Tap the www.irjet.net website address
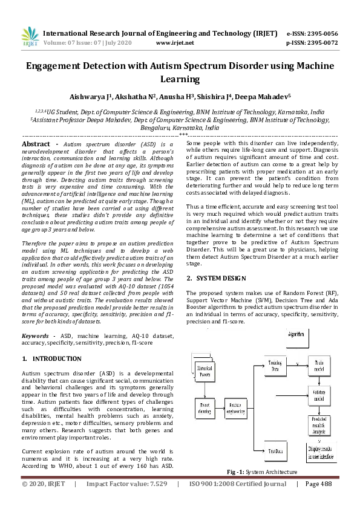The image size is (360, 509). click(175, 44)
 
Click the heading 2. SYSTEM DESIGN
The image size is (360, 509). click(215, 278)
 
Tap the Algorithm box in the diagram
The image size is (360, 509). click(296, 334)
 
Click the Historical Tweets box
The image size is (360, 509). click(205, 370)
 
